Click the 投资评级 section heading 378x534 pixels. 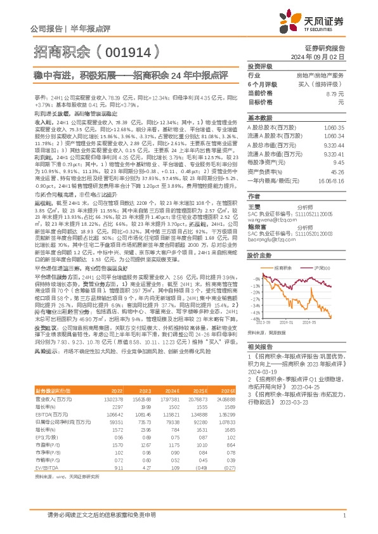pos(259,66)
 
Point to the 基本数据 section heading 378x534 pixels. pos(259,118)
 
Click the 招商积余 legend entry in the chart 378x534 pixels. pos(282,269)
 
